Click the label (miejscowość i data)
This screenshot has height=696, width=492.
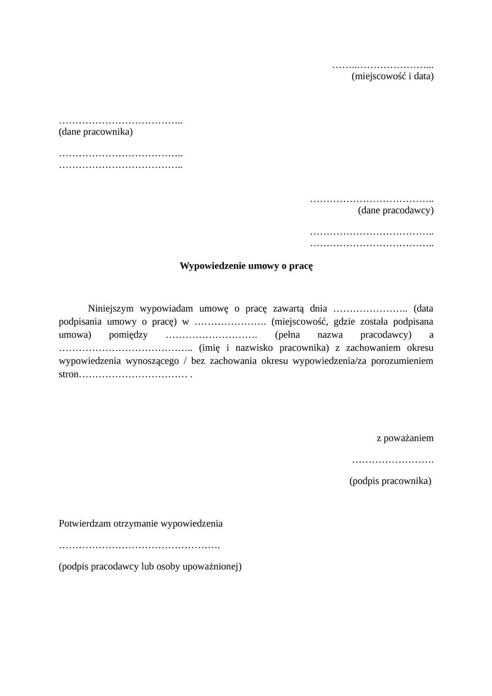click(x=392, y=76)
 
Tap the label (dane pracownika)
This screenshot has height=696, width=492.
click(x=96, y=131)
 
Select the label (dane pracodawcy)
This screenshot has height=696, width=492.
click(x=395, y=210)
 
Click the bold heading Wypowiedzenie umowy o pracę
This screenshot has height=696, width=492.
click(x=246, y=266)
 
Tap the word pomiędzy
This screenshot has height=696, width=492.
click(x=128, y=335)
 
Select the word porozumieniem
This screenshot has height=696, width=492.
click(x=402, y=361)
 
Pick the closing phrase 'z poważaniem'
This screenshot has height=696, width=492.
click(x=405, y=438)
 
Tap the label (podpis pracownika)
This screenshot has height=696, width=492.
click(x=390, y=481)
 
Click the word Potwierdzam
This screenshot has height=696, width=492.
click(x=85, y=523)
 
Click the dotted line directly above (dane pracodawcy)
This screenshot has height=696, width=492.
click(x=371, y=200)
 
